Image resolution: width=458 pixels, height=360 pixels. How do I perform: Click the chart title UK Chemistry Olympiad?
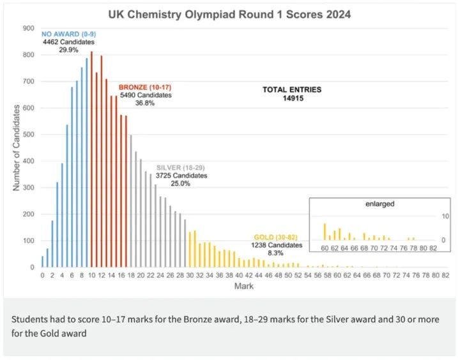click(229, 13)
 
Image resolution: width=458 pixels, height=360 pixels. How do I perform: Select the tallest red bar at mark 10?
click(91, 160)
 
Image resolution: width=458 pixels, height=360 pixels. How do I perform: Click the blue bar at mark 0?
click(42, 262)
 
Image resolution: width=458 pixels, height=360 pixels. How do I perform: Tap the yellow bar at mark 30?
click(190, 250)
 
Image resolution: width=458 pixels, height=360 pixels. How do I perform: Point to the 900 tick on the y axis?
click(28, 28)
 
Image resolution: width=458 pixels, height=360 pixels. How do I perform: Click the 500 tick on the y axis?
click(28, 135)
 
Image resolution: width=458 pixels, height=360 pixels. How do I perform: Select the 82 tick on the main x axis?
click(445, 275)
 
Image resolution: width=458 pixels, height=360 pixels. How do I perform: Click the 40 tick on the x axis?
click(239, 275)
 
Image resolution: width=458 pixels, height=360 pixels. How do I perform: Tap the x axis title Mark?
click(243, 287)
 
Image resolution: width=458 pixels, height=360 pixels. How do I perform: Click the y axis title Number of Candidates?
click(17, 147)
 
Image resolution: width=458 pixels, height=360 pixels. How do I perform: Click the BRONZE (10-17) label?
click(145, 87)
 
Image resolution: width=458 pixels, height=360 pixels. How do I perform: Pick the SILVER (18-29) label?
click(181, 167)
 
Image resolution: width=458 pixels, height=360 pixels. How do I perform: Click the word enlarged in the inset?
click(379, 204)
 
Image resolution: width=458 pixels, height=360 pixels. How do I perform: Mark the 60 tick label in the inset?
click(324, 248)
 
